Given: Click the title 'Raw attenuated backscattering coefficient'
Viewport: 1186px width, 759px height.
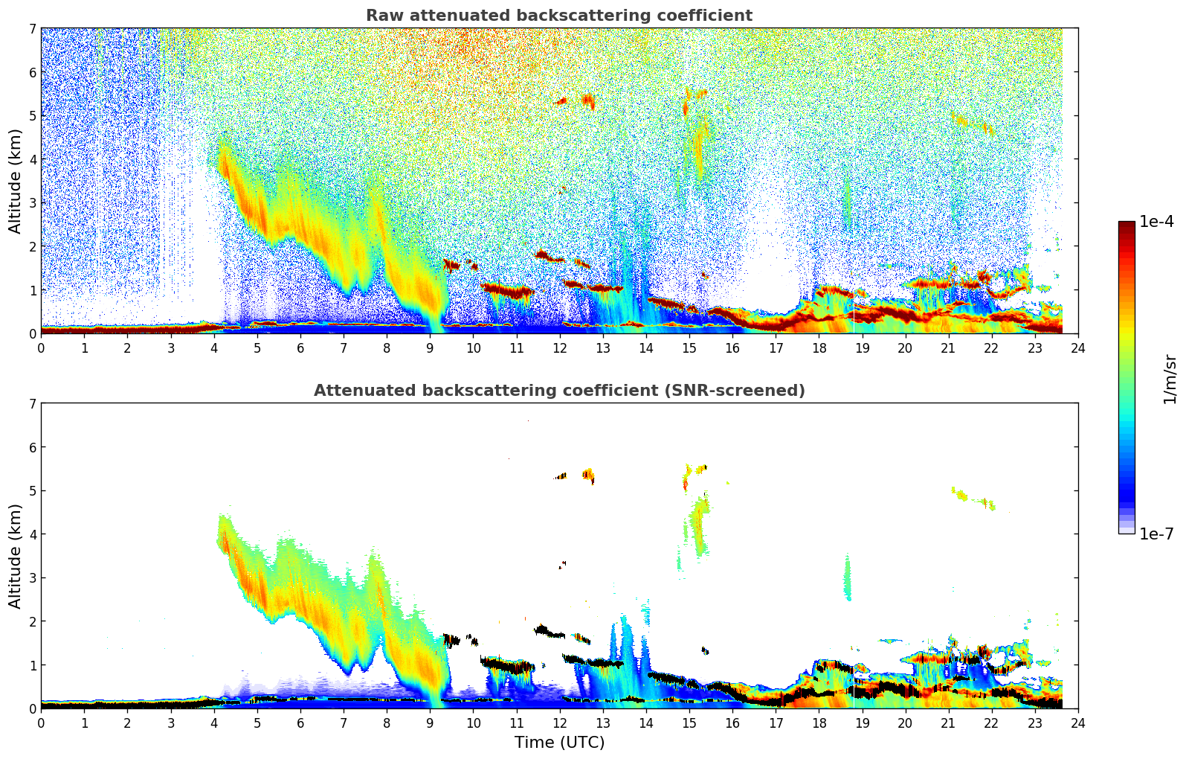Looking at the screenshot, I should tap(558, 16).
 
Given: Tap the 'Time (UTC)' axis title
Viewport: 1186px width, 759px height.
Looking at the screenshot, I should tap(559, 743).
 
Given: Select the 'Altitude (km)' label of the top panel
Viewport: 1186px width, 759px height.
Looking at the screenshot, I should tap(16, 181).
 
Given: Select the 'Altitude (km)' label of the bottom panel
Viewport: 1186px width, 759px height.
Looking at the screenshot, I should tap(16, 556).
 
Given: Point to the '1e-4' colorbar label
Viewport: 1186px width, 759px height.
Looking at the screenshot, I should tap(1156, 222).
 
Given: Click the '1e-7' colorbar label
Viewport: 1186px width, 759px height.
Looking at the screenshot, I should tap(1156, 534).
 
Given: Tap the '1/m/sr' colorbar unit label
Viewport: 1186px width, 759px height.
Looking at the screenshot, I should tap(1170, 379).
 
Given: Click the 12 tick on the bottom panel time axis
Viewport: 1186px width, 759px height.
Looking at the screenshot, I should tap(559, 723).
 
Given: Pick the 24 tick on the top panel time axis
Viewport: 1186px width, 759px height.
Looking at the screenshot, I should tap(1077, 348).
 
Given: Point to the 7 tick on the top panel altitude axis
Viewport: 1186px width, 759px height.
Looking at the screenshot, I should tap(32, 29).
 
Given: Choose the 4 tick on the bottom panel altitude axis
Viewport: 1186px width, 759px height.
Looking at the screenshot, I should tap(32, 534).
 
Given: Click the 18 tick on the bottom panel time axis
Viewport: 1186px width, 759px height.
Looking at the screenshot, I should tap(819, 723).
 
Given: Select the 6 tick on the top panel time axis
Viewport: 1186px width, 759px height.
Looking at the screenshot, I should tap(300, 348).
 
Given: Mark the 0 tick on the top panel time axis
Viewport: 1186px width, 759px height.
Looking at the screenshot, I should tap(41, 348).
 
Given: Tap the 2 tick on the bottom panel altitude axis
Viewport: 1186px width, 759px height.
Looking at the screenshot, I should tap(32, 621).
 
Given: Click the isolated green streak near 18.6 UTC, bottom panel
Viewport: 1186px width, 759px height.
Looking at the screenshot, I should tap(847, 578).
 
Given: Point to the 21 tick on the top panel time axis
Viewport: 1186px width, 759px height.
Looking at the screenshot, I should tap(948, 348).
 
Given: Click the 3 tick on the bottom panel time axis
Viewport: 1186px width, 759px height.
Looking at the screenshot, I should tap(170, 723).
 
